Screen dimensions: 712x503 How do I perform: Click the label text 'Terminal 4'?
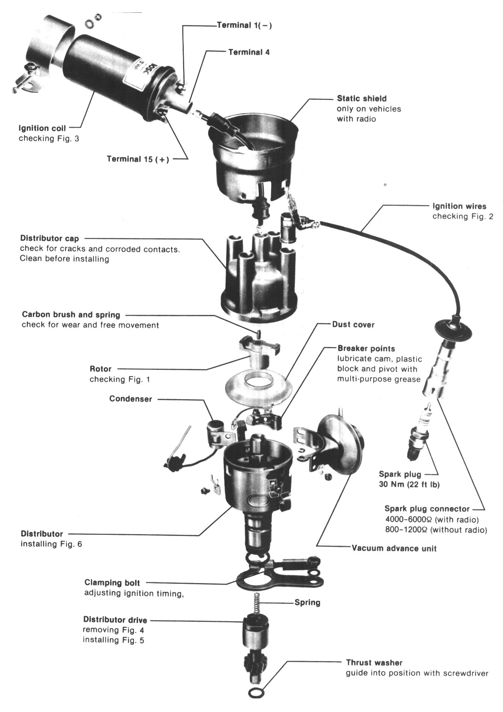click(249, 52)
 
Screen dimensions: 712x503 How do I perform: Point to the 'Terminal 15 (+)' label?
click(138, 159)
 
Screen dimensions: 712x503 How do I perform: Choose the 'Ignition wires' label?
click(459, 206)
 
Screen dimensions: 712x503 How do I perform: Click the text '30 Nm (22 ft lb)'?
click(409, 485)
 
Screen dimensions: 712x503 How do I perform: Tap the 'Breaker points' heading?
click(366, 349)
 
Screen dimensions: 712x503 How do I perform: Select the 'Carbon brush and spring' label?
click(71, 314)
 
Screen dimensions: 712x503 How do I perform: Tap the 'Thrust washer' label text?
click(374, 662)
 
